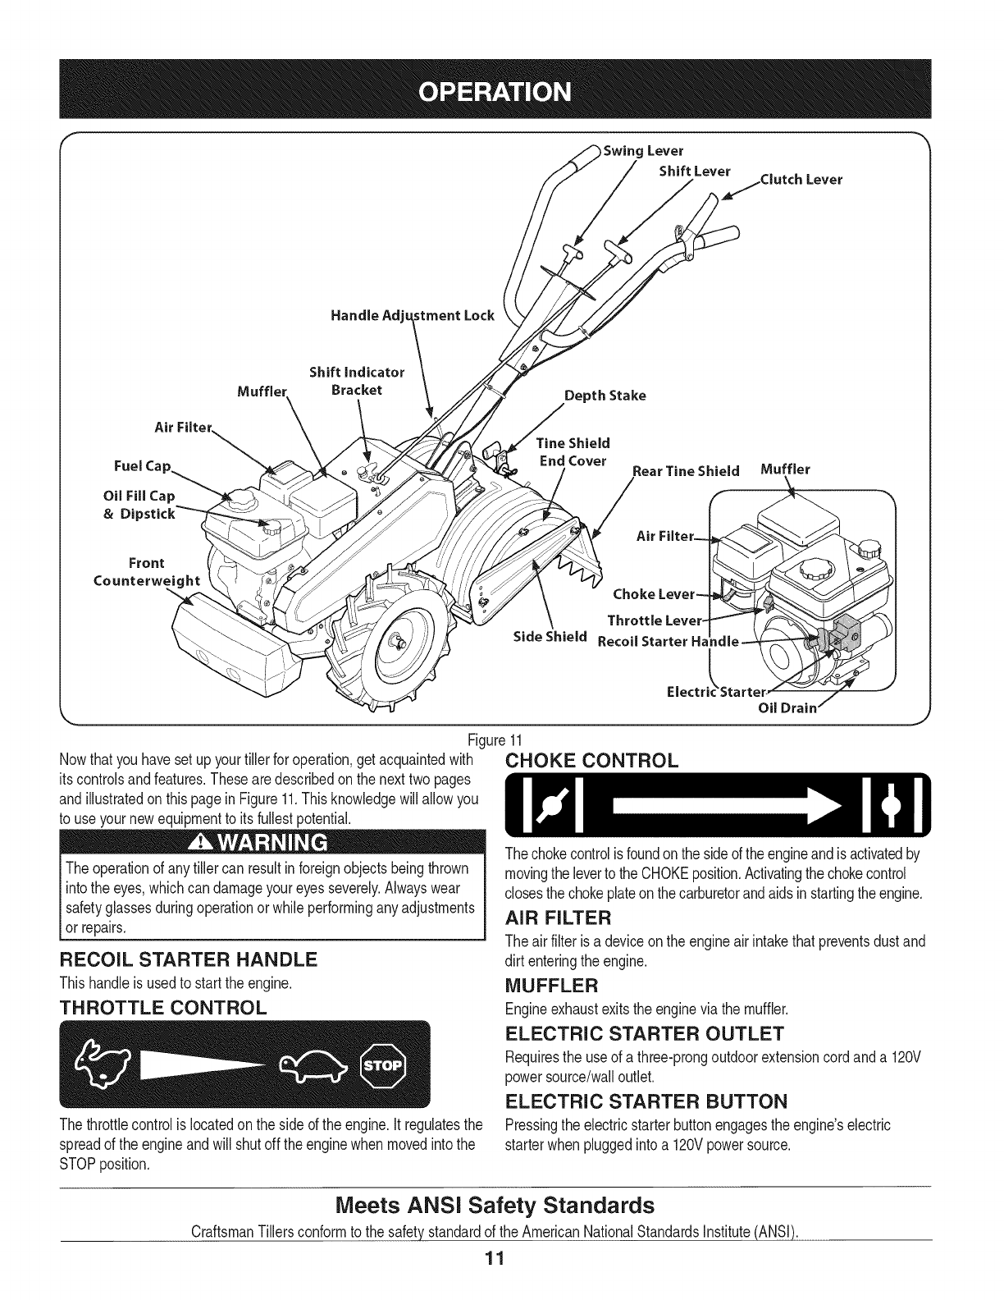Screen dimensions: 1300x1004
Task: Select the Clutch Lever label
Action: tap(801, 180)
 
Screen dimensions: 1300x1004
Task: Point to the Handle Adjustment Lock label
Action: tap(413, 316)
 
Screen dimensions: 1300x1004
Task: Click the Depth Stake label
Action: tap(605, 396)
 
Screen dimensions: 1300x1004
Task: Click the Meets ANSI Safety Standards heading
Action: tap(496, 1205)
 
